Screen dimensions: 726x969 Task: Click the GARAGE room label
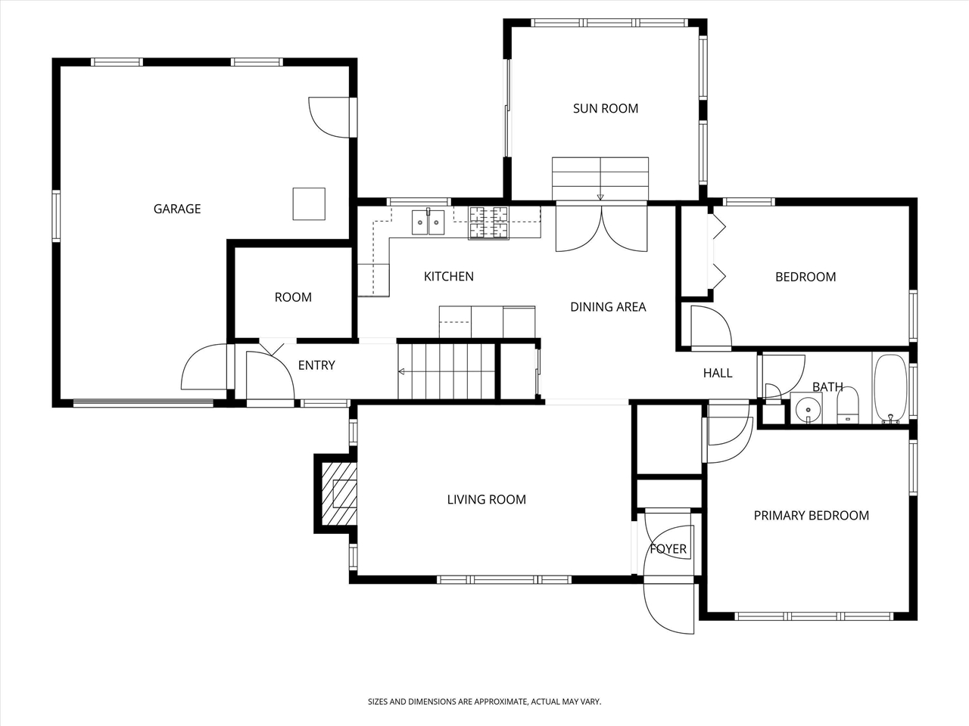tap(177, 209)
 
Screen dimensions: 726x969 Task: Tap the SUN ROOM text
tap(605, 108)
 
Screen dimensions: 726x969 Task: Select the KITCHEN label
tap(448, 277)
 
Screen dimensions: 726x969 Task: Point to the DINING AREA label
tap(608, 306)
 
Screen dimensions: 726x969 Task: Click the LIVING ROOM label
tap(486, 499)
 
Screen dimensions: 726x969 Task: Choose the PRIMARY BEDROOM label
tap(811, 516)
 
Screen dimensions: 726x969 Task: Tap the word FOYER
tap(668, 549)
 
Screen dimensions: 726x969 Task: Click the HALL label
tap(718, 373)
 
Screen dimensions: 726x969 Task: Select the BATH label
tap(827, 387)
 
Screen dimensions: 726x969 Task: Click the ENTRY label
tap(316, 365)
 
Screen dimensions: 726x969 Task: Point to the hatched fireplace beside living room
tap(338, 493)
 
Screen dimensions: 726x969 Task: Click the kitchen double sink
tap(428, 222)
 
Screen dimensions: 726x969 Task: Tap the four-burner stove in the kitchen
tap(488, 222)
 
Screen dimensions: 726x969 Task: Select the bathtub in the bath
tap(890, 389)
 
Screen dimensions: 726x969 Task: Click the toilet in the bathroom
tap(848, 406)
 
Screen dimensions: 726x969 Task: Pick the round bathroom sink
tap(808, 409)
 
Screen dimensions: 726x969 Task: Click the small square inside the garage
tap(309, 203)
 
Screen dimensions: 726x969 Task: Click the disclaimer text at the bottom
tap(484, 702)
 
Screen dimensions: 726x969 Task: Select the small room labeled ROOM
tap(293, 297)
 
